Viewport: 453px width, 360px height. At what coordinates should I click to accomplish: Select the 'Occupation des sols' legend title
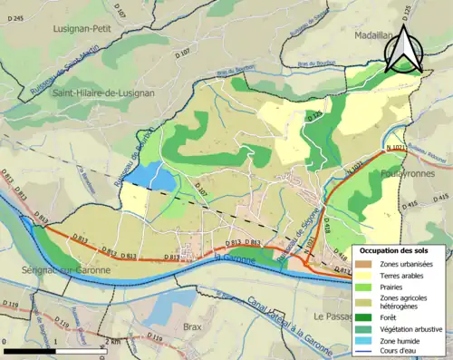(393, 251)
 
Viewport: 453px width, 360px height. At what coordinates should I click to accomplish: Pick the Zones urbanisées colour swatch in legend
(364, 264)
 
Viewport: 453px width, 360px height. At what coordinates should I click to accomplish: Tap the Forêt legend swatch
(364, 316)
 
